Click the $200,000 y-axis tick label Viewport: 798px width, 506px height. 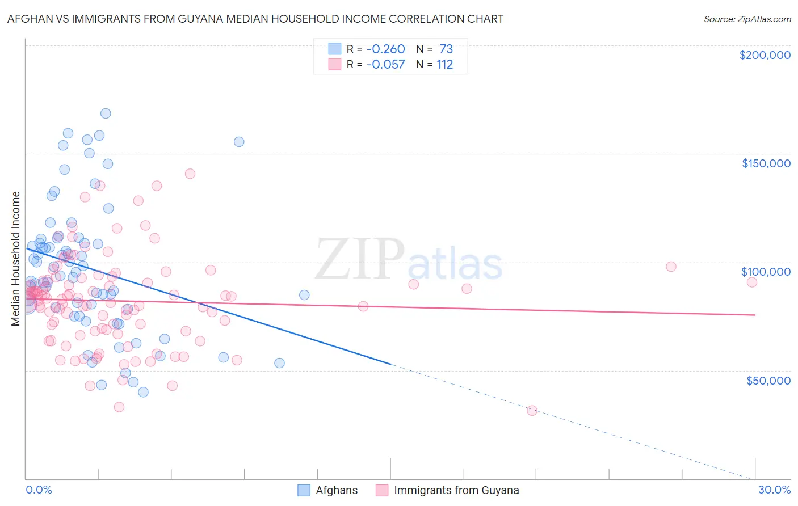[765, 55]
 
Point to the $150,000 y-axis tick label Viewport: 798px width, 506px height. [766, 163]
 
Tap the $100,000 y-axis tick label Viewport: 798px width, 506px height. [766, 272]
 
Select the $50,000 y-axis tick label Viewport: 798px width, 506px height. [768, 380]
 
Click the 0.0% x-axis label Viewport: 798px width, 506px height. [39, 490]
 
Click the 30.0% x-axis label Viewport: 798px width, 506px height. [774, 490]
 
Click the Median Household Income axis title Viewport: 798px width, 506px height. [15, 259]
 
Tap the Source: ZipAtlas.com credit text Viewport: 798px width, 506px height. [747, 19]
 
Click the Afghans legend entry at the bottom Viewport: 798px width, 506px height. [336, 490]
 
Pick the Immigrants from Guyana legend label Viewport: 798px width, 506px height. [456, 490]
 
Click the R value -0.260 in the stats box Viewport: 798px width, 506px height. [385, 49]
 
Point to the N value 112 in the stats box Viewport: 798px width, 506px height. [444, 65]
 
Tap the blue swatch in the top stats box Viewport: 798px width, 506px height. [335, 49]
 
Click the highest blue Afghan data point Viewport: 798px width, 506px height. [106, 113]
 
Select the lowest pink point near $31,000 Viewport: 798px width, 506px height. [532, 411]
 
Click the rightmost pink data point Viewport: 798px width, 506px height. [751, 282]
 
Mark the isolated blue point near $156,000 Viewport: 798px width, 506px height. [239, 142]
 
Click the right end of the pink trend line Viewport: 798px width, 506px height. [755, 315]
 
